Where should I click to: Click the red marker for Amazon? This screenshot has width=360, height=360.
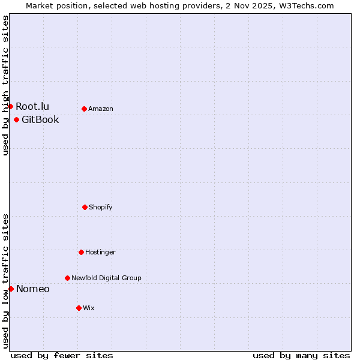(84, 109)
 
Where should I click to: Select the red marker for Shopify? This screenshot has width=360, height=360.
(85, 207)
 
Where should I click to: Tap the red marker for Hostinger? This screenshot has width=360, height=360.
(81, 252)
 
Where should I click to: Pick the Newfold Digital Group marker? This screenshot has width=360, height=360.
(67, 278)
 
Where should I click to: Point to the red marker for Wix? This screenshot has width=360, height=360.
(79, 308)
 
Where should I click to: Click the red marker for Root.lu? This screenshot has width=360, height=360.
(10, 106)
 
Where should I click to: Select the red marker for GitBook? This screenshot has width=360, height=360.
(16, 119)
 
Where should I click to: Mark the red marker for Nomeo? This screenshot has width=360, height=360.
(11, 289)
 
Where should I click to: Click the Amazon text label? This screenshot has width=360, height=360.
(101, 109)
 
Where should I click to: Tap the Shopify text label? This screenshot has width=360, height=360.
(101, 207)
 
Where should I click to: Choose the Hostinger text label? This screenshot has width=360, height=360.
(100, 252)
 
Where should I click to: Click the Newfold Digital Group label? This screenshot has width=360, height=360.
(106, 278)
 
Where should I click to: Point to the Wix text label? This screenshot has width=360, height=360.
(89, 308)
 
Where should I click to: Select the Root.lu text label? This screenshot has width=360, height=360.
(32, 106)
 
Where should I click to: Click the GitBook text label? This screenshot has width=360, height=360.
(40, 119)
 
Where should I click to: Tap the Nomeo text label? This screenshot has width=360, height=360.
(33, 289)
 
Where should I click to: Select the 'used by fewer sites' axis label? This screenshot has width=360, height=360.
(62, 355)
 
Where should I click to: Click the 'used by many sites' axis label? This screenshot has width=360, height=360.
(301, 355)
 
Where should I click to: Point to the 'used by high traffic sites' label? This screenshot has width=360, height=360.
(5, 85)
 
